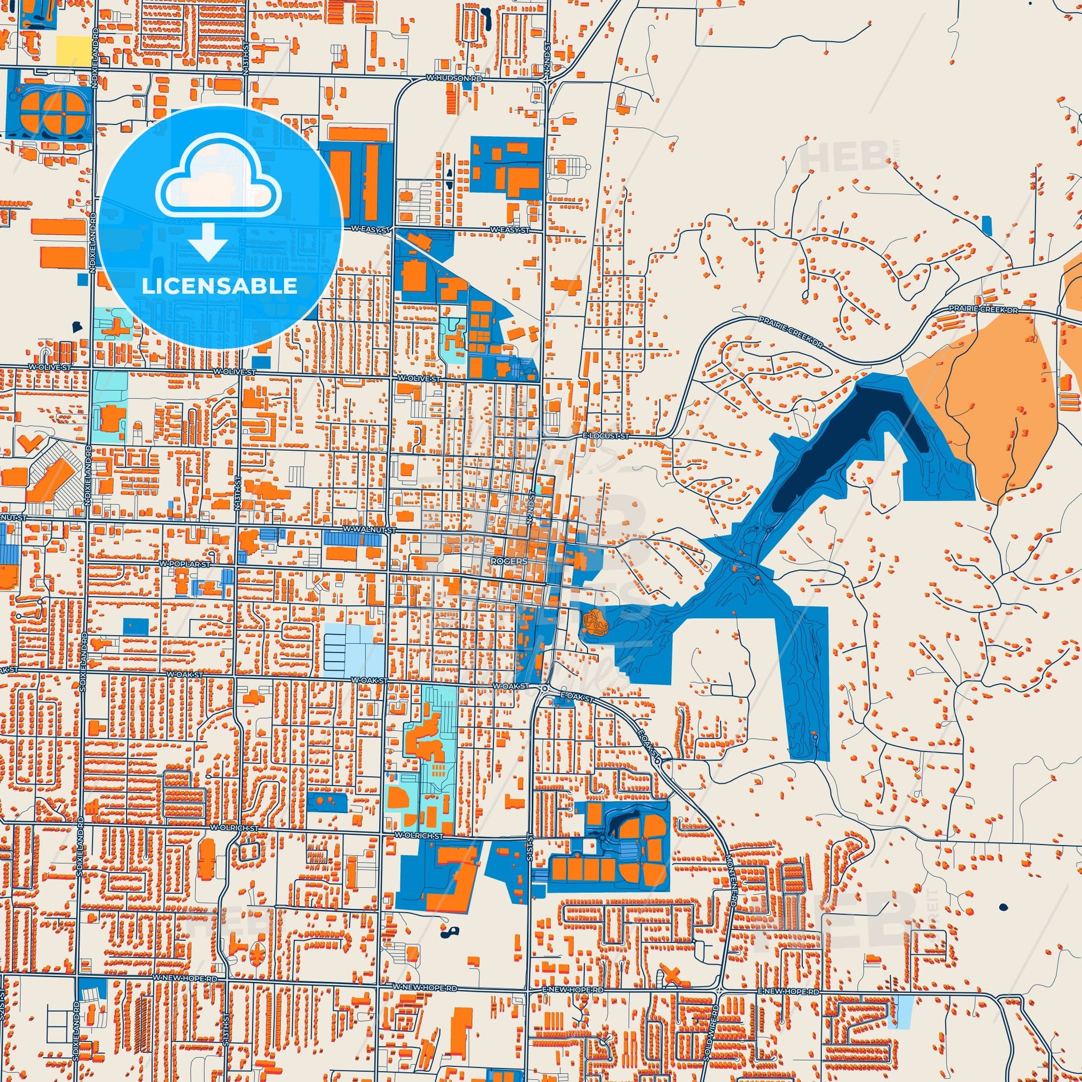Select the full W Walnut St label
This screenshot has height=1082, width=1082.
coord(370,529)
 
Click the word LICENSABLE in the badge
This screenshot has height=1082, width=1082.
coord(220,286)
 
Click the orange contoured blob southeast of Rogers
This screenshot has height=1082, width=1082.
coord(595,623)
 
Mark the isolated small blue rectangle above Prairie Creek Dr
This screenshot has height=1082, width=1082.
coord(987,225)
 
